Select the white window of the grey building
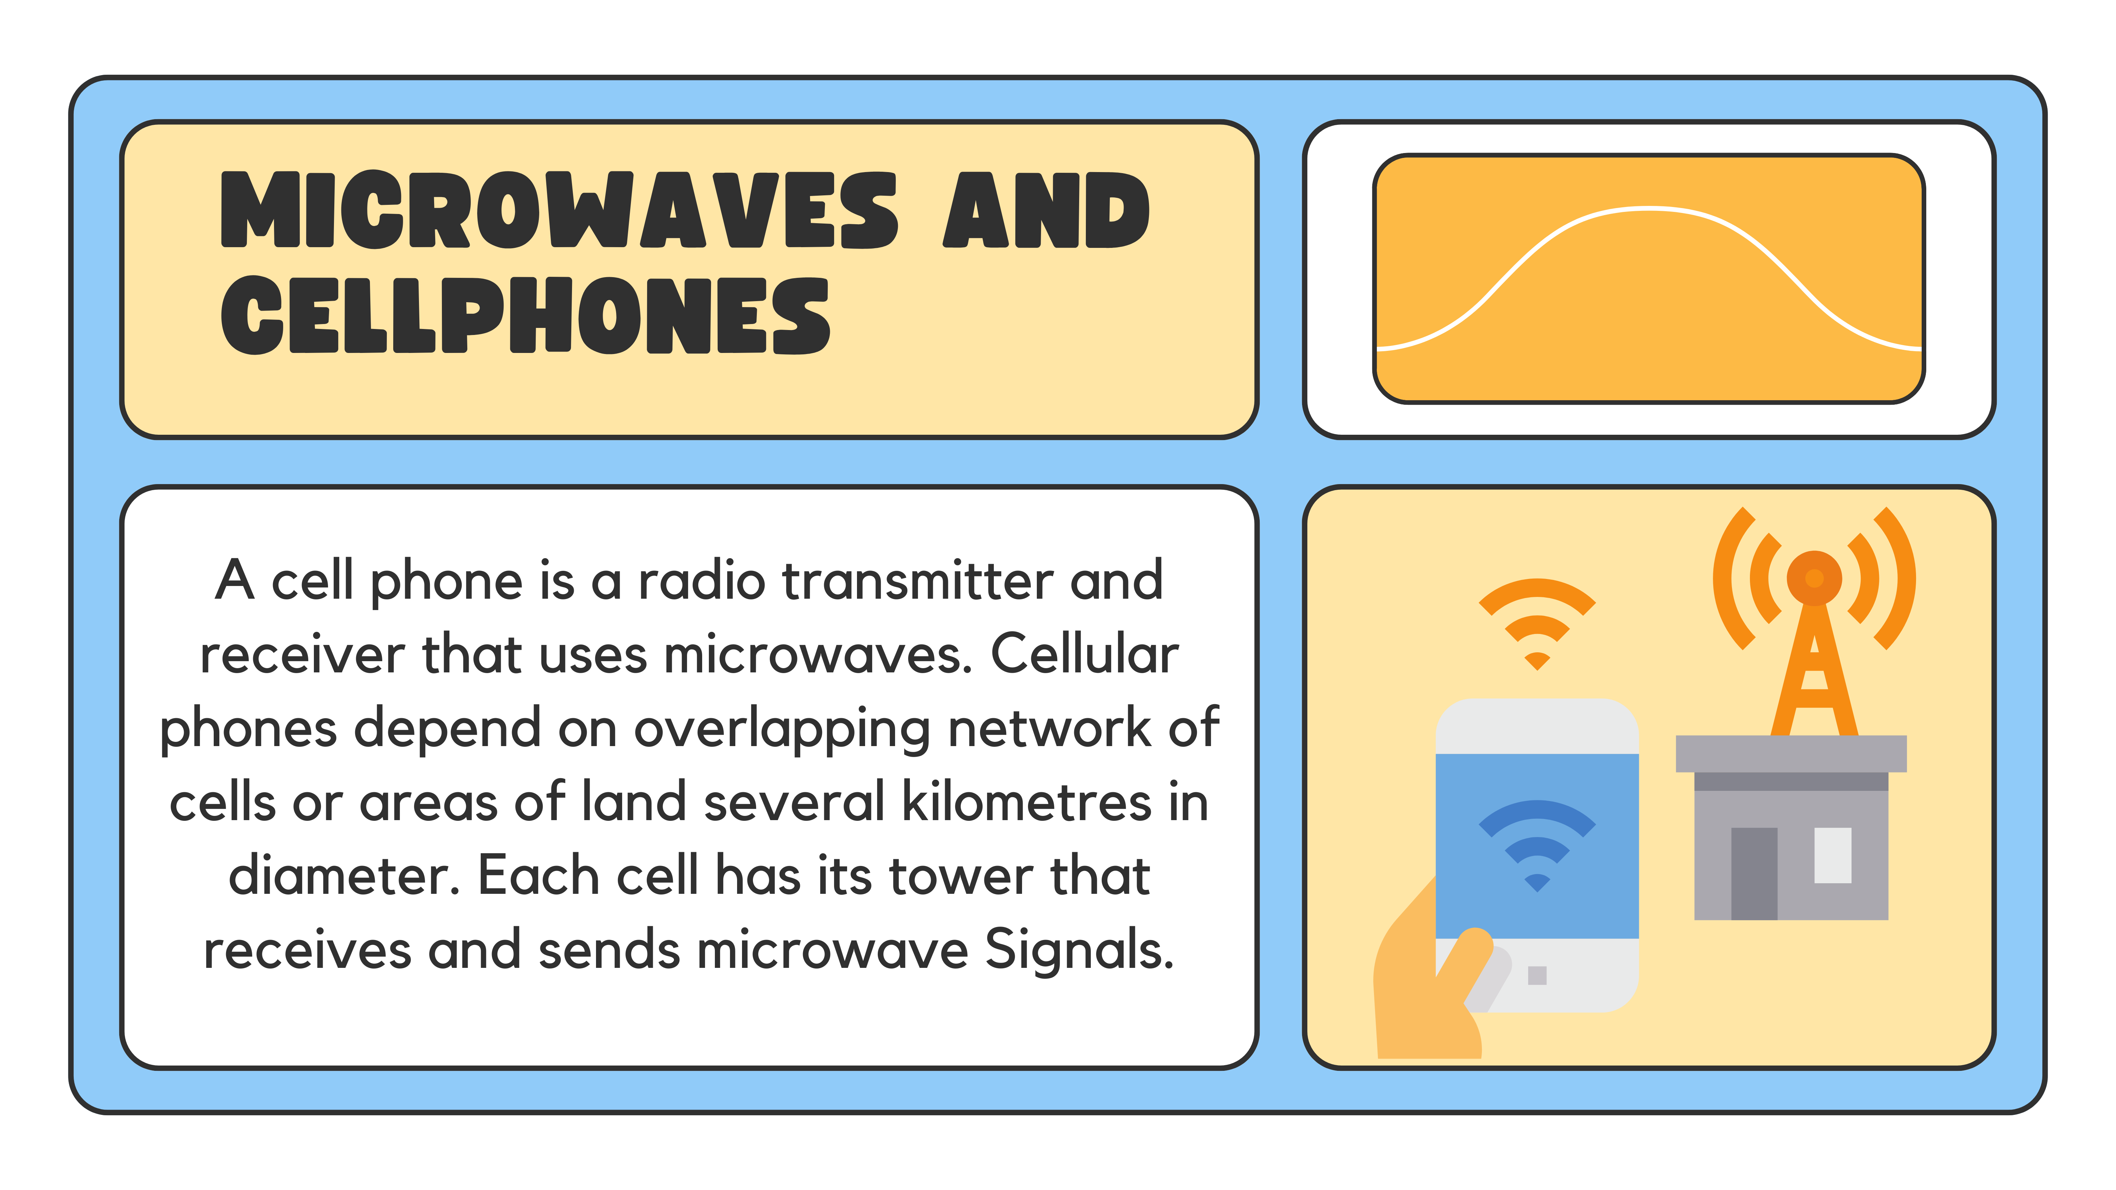[x=1832, y=855]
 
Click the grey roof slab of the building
[x=1791, y=753]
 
